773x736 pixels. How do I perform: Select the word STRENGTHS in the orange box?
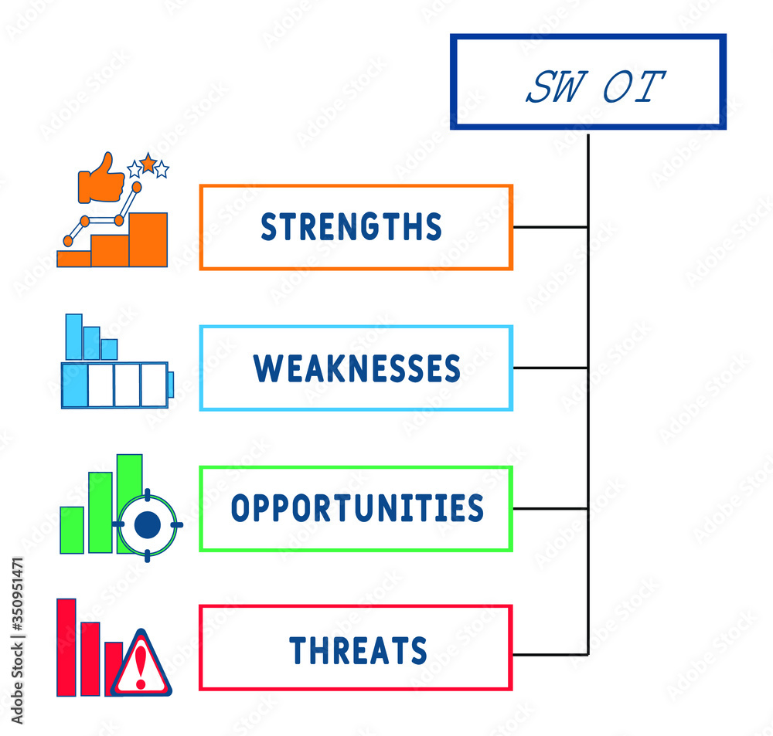(x=351, y=227)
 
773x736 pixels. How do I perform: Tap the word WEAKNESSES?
(x=356, y=368)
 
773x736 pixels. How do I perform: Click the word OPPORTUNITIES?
(x=357, y=508)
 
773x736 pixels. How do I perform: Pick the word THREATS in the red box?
(x=358, y=650)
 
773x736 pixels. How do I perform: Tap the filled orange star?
(x=148, y=163)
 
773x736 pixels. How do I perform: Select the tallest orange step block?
(x=148, y=239)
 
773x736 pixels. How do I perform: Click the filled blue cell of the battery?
(x=74, y=385)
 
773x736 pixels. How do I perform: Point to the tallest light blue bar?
(x=73, y=337)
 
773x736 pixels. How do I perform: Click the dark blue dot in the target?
(x=147, y=525)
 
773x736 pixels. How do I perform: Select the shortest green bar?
(x=72, y=530)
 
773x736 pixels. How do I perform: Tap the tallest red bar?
(x=66, y=647)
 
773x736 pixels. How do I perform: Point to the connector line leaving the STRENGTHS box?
(x=550, y=227)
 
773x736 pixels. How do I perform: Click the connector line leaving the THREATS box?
(x=550, y=654)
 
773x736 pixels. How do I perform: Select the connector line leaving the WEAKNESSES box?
(x=550, y=368)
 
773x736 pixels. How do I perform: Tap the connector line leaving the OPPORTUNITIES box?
(x=550, y=508)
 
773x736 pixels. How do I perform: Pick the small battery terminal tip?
(x=170, y=384)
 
